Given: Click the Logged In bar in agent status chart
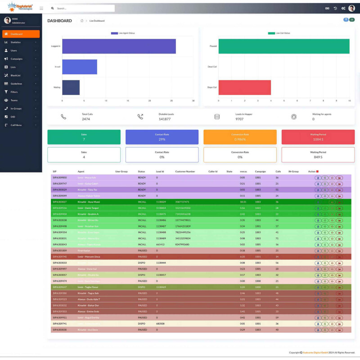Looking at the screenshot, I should (x=119, y=46).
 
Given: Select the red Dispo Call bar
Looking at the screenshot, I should (x=245, y=87).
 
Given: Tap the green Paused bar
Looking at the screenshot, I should (x=284, y=46).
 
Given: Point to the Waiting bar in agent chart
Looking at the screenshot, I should (x=71, y=87).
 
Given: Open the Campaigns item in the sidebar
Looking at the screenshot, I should (x=17, y=58).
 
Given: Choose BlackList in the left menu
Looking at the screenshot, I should (x=16, y=75).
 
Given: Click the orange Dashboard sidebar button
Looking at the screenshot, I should (x=21, y=34).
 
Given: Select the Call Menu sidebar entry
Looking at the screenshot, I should (x=16, y=125).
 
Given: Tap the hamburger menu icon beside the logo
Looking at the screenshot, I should (x=41, y=8).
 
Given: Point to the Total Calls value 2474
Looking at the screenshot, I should (x=86, y=119).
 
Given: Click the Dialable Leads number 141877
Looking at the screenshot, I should (x=165, y=119).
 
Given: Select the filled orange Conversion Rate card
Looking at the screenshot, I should (x=240, y=137).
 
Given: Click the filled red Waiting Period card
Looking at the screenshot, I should (x=318, y=137).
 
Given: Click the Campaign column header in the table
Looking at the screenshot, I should (x=261, y=171).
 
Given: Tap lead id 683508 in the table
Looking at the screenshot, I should (x=160, y=324).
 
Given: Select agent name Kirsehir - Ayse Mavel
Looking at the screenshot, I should (x=89, y=202).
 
